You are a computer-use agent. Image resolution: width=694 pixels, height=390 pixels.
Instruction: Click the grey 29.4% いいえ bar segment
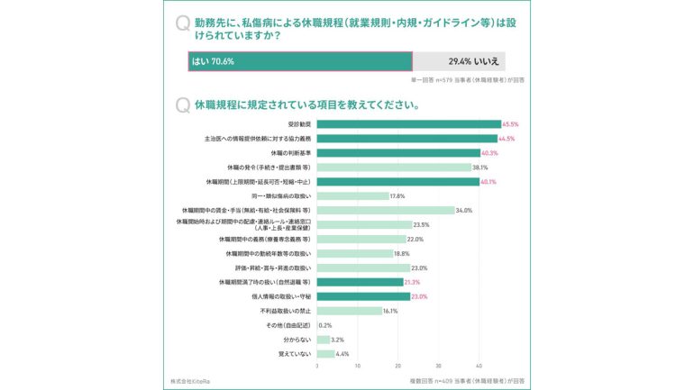click(x=459, y=61)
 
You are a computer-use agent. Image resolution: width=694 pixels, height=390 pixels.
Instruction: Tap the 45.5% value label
click(x=510, y=124)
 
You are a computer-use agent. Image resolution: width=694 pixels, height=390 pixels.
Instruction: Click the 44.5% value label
click(x=507, y=139)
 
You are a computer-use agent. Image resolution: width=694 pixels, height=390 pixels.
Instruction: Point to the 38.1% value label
click(x=480, y=168)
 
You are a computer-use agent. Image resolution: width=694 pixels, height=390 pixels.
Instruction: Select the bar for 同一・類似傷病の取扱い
click(x=352, y=195)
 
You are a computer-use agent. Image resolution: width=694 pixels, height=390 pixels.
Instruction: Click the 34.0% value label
click(x=464, y=210)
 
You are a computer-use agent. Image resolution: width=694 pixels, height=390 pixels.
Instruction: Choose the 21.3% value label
click(x=413, y=282)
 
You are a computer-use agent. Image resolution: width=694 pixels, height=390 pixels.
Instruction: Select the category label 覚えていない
click(x=295, y=354)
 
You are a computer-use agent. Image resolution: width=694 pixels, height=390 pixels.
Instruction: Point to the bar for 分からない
click(x=324, y=340)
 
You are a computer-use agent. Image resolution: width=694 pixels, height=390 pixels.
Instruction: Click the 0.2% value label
click(x=325, y=325)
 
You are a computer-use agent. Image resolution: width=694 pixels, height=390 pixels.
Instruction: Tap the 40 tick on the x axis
click(x=479, y=367)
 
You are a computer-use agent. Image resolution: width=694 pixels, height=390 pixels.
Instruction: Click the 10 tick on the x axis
click(x=358, y=367)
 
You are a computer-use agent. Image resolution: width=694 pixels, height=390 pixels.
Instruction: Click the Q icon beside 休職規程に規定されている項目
click(x=183, y=105)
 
